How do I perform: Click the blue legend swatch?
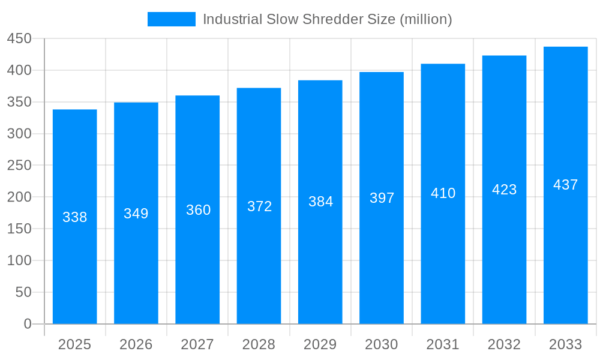171,19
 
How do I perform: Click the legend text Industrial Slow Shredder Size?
327,19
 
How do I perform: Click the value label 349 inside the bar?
136,214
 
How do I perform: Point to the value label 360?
198,210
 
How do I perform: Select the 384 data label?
320,202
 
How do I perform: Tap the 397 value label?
382,198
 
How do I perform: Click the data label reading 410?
443,193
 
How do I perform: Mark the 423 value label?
504,190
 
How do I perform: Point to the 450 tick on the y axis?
19,39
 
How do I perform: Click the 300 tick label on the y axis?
19,134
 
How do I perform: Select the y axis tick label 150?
19,229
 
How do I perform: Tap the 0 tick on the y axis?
28,324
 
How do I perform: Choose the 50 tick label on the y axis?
23,292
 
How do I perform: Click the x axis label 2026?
136,344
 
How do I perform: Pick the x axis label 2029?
320,344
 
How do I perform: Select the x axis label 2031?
443,344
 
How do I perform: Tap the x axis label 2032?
504,344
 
